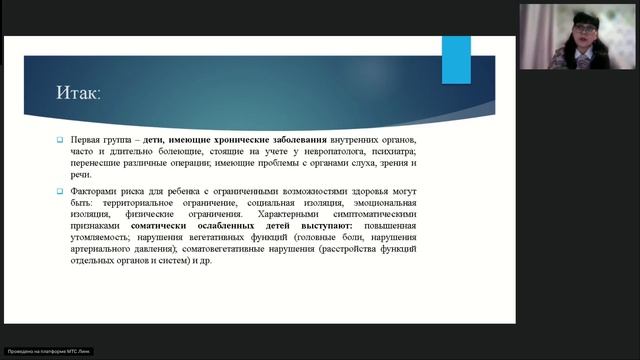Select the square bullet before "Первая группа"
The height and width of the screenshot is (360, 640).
tap(60, 139)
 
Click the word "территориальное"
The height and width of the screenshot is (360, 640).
tap(126, 203)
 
